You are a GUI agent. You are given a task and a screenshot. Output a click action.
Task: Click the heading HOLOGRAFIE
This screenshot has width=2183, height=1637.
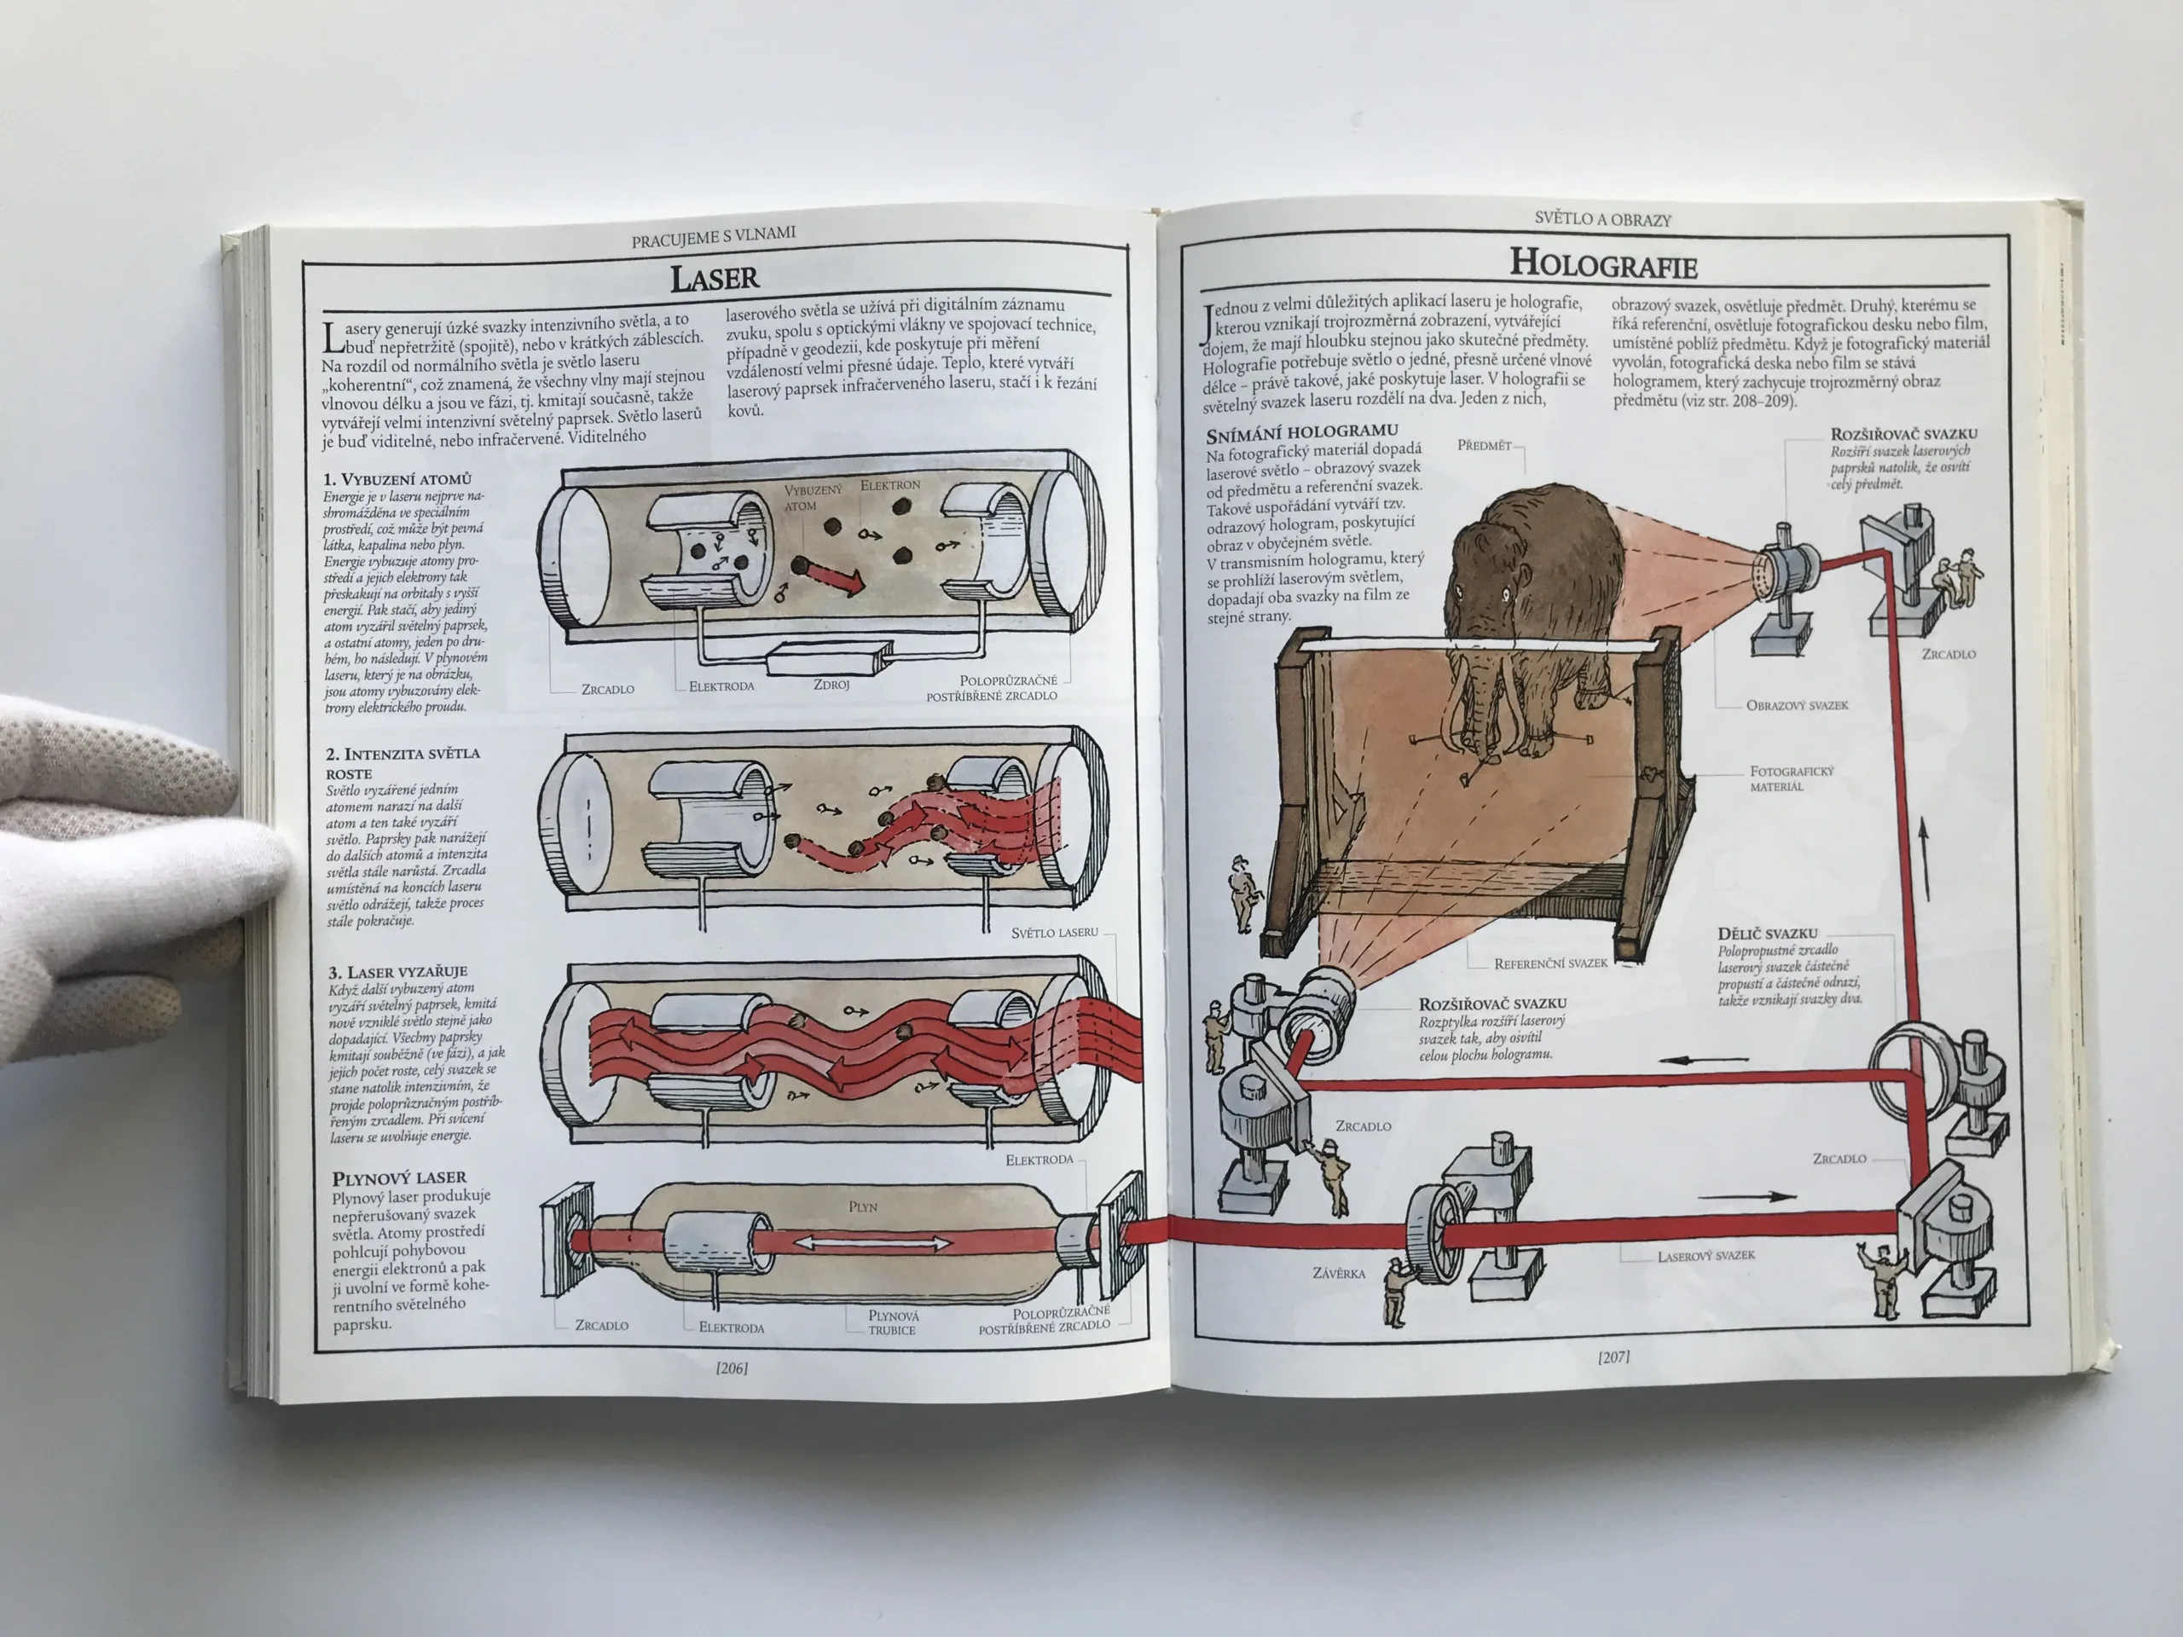tap(1604, 264)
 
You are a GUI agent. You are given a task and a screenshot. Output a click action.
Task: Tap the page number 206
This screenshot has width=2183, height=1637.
tap(732, 1368)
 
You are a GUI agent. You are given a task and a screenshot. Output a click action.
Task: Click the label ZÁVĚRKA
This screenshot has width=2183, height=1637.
tap(1338, 1273)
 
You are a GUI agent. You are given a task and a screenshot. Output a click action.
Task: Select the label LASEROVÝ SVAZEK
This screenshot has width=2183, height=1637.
tap(1706, 1256)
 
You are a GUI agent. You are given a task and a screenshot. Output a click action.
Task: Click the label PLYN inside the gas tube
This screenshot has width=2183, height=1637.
tap(863, 1206)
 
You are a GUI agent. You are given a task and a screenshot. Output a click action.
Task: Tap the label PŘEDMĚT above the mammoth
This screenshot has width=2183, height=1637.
tap(1485, 445)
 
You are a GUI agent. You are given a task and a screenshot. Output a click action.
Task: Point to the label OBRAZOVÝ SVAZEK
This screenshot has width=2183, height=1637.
tap(1797, 705)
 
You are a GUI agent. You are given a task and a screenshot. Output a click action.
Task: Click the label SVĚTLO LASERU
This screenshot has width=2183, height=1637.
tap(1054, 932)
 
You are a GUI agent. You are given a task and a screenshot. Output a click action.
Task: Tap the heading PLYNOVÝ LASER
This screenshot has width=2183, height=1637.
tap(399, 1177)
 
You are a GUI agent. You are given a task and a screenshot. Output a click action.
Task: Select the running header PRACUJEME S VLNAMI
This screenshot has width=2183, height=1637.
tap(713, 236)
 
